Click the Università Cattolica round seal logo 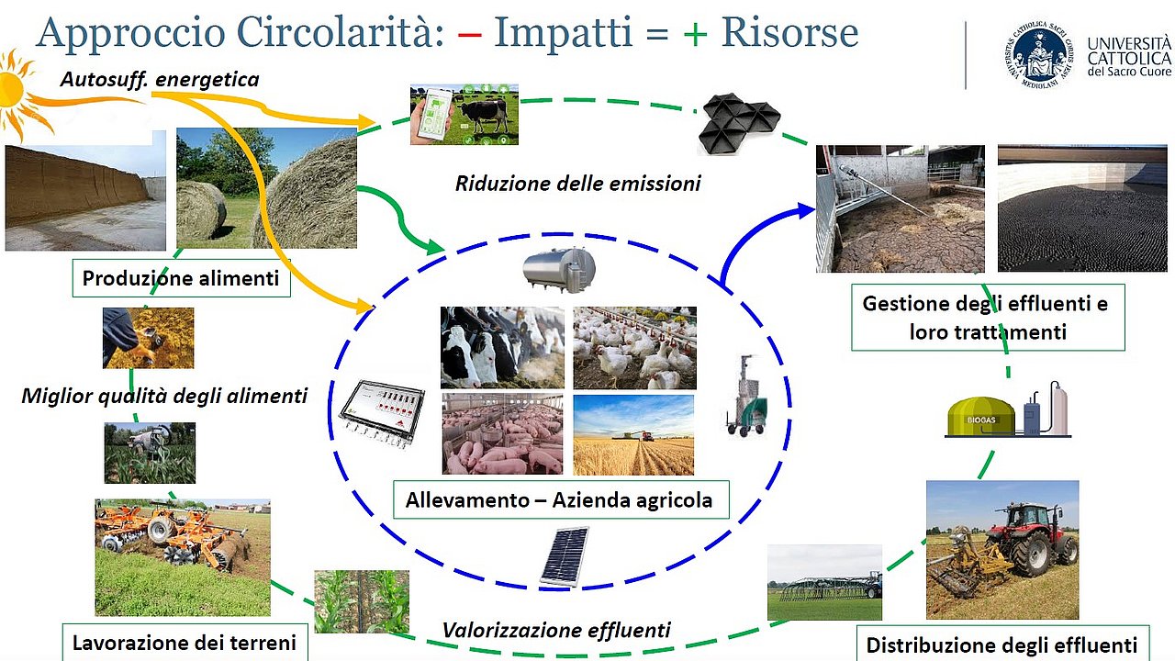1039,56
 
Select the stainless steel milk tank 559,270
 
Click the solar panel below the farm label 565,556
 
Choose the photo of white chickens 634,348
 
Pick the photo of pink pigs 502,434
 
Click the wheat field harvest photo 633,435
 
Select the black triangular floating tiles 740,123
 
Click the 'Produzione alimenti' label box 182,278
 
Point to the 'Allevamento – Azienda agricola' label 561,500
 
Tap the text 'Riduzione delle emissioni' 577,184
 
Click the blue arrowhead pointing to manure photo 805,211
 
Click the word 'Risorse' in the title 789,32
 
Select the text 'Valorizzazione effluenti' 556,630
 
